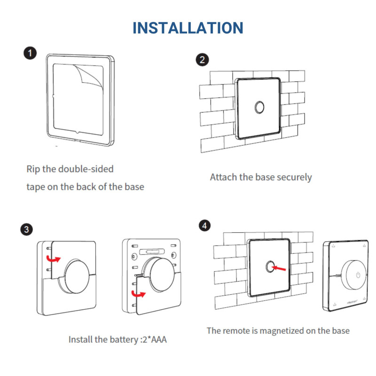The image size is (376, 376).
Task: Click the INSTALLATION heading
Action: click(188, 28)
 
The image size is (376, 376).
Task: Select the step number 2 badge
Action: click(202, 60)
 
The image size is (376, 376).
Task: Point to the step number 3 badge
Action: click(27, 229)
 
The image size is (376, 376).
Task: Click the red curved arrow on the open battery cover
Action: click(138, 294)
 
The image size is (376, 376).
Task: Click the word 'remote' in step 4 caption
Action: click(236, 330)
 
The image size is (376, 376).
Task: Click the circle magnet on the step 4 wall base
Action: click(269, 266)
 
